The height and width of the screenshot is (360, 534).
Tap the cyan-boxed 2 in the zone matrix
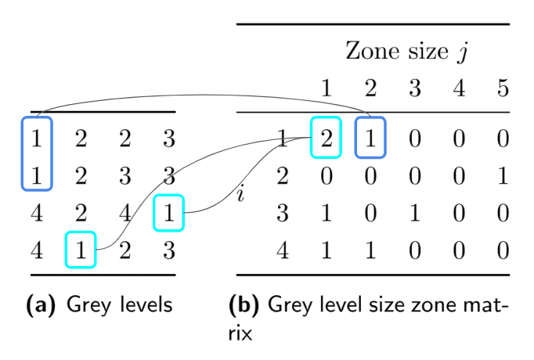tap(326, 139)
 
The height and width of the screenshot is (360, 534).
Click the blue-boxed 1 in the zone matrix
tap(370, 139)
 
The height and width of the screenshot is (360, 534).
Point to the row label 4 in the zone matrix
tap(283, 251)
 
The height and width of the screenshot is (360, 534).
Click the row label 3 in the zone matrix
tap(283, 214)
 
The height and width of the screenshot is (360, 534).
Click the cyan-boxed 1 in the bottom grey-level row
tap(80, 251)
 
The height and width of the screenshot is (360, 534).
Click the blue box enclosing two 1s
tap(35, 153)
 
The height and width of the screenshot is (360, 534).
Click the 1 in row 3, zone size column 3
tap(415, 214)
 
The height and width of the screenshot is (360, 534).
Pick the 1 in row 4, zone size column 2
tap(370, 251)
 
